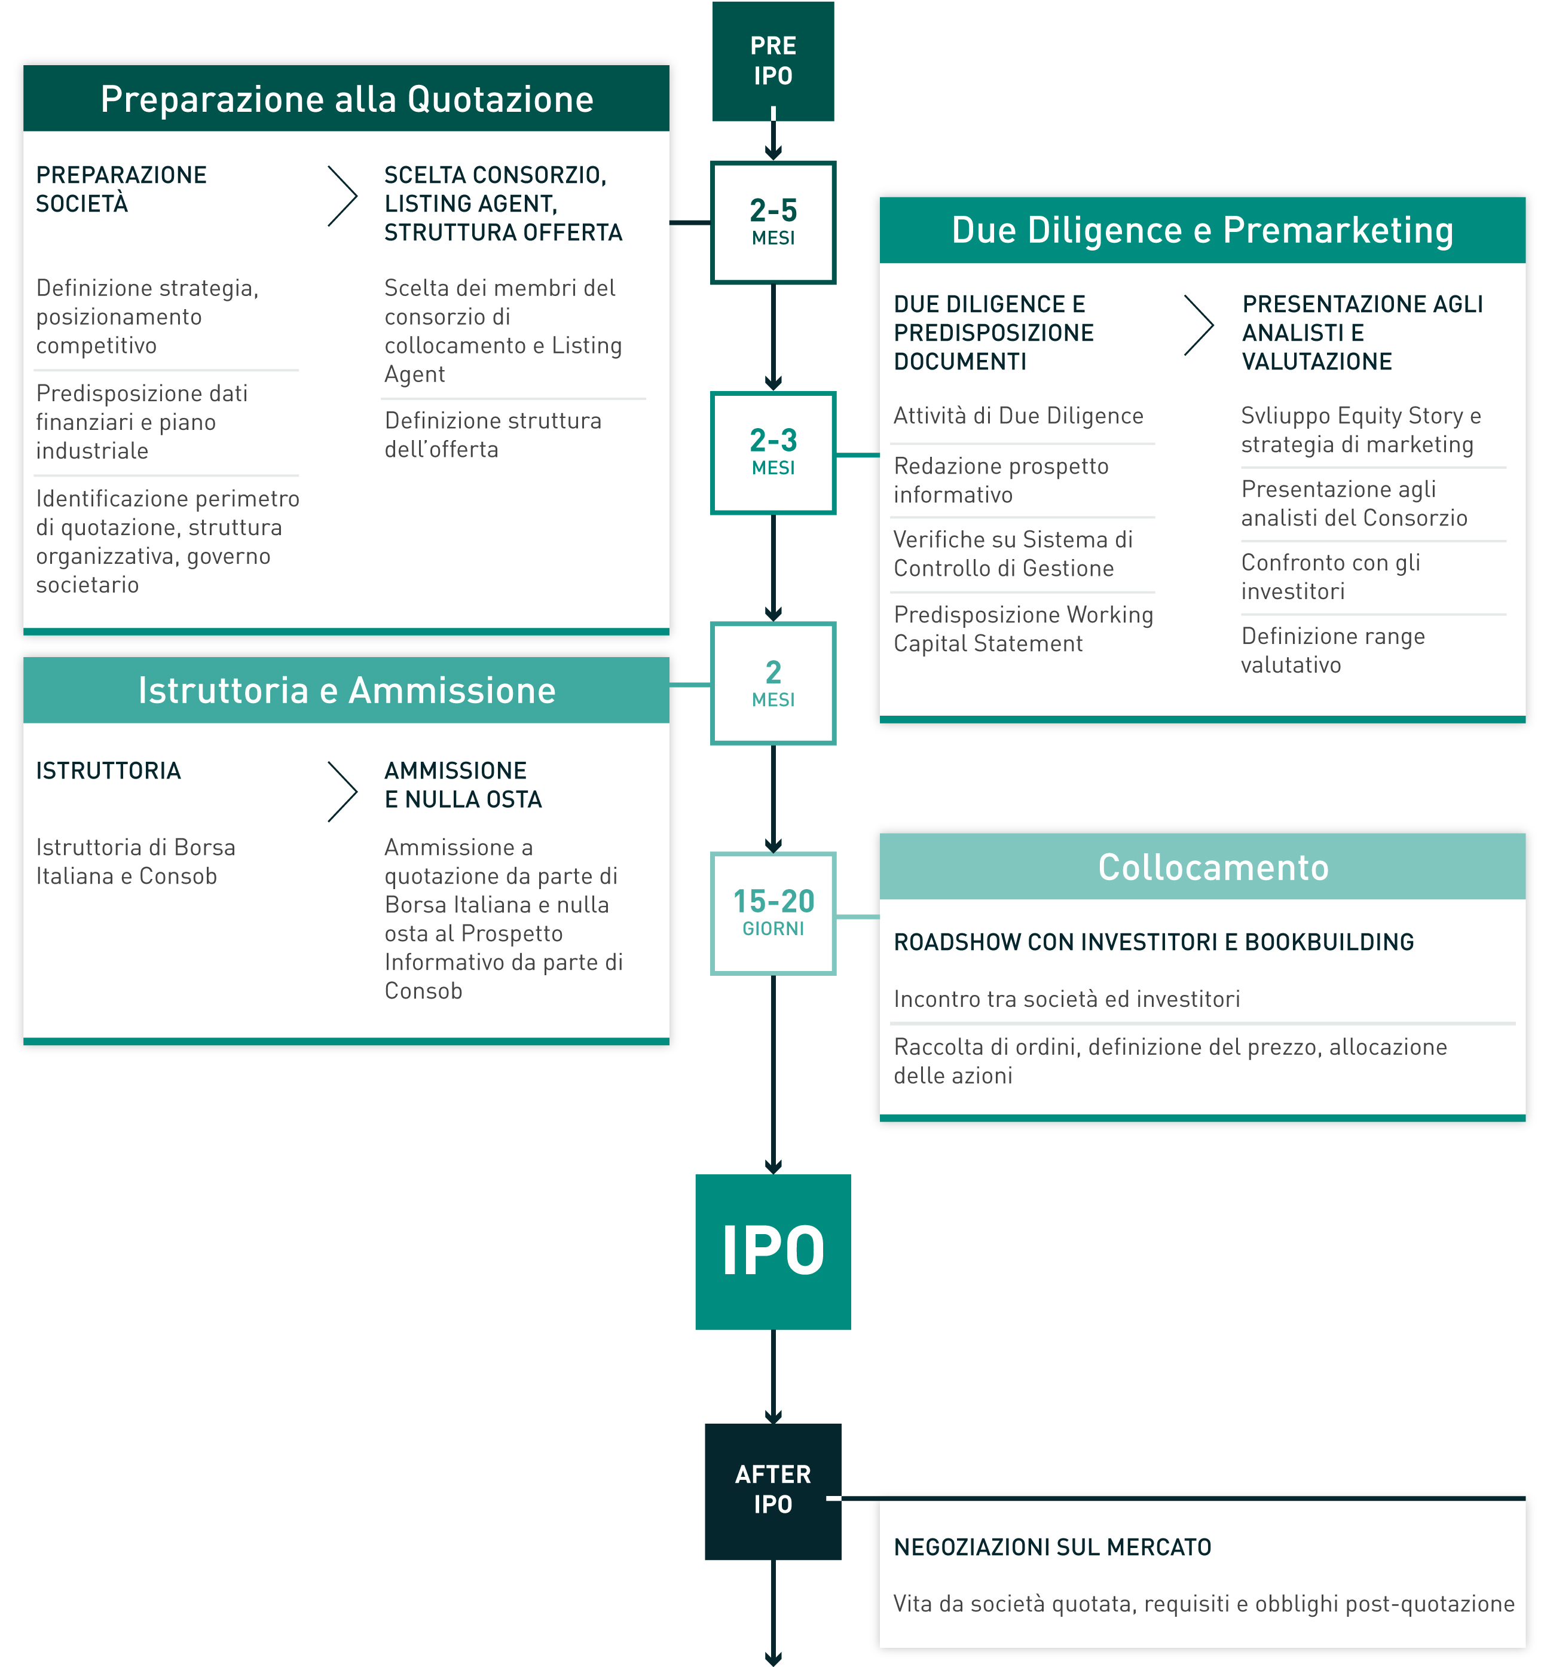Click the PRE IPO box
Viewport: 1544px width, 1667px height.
[773, 61]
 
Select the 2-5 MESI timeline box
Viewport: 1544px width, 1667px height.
[773, 222]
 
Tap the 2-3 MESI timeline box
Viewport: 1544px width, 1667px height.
[773, 452]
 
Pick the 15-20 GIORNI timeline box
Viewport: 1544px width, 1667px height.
[773, 913]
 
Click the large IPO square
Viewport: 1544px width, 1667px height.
[773, 1251]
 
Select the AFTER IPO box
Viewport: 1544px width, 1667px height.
[773, 1490]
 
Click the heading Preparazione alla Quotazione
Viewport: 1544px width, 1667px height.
[347, 99]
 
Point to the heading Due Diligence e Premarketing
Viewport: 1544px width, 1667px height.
[1201, 230]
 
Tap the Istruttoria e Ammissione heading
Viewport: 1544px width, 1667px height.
[347, 690]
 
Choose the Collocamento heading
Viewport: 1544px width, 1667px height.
[1212, 866]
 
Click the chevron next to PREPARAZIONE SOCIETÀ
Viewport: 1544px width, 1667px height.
[343, 196]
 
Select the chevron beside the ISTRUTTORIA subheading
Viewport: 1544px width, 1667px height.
[343, 791]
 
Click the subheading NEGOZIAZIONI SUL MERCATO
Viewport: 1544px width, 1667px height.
[1052, 1547]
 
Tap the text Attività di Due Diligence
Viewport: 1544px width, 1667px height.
[1017, 416]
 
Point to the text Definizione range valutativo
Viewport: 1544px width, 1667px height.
[1332, 650]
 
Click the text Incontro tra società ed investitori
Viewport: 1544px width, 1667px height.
[1066, 999]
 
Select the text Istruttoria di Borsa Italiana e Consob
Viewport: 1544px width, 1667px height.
[135, 862]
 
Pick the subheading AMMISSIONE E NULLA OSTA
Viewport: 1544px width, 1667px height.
[463, 784]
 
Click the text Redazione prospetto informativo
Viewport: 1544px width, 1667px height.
[1000, 480]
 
